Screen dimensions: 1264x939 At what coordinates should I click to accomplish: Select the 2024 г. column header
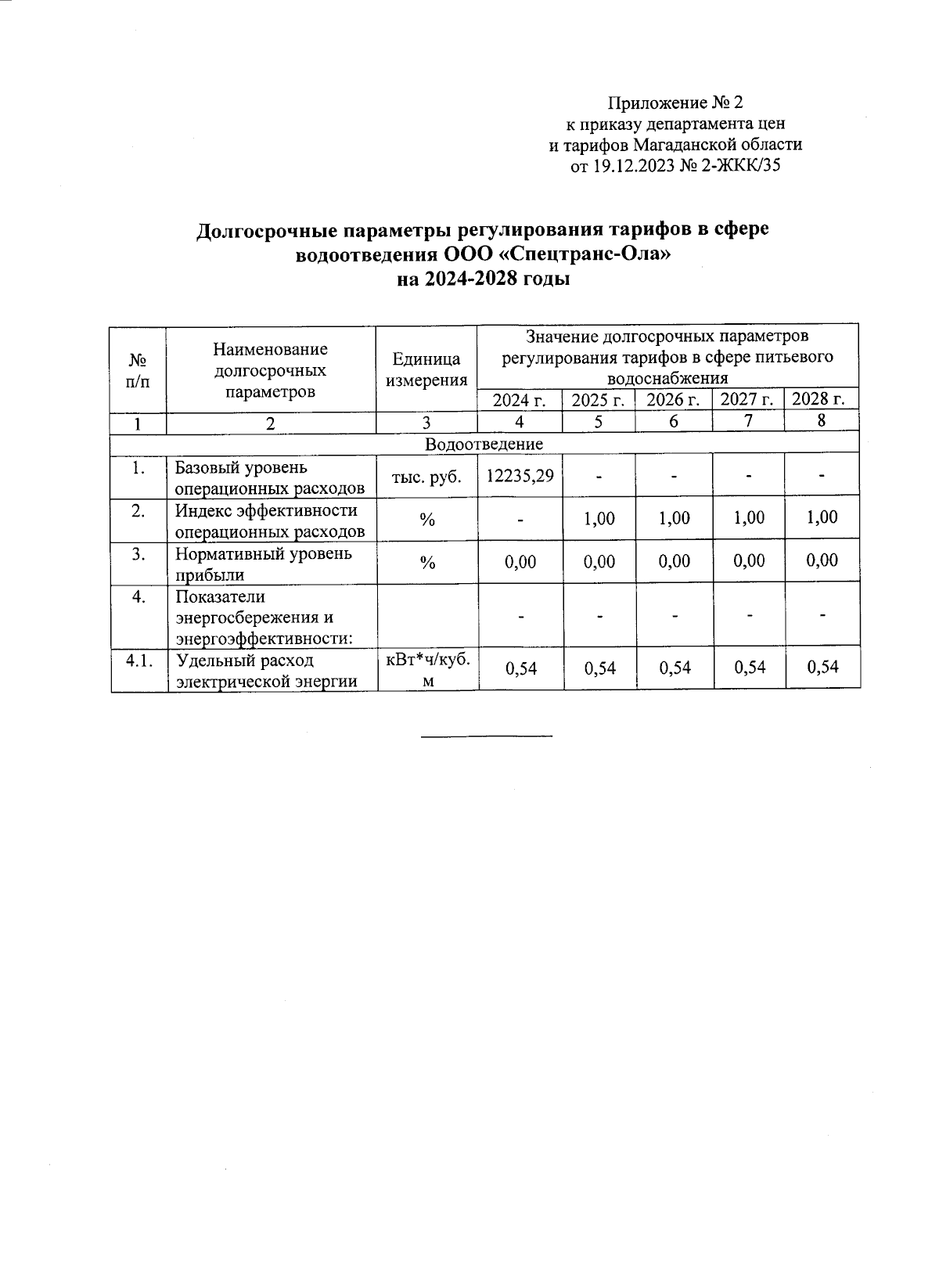[x=520, y=400]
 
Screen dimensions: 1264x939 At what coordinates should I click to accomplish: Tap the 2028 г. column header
[x=819, y=399]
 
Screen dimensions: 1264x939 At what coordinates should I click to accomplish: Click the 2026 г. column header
[x=673, y=400]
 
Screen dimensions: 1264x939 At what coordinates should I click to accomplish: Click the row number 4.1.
[x=139, y=661]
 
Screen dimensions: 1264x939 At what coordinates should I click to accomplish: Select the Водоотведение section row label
[x=484, y=444]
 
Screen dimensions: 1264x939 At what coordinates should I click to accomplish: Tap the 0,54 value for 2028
[x=822, y=666]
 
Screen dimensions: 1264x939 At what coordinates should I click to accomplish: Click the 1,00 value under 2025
[x=599, y=518]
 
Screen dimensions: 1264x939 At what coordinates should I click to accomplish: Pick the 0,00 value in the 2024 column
[x=520, y=561]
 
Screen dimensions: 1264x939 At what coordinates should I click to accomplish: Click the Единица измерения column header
[x=426, y=369]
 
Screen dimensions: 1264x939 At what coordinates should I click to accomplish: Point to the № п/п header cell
[x=138, y=370]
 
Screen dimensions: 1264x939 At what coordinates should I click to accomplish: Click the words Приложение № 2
[x=675, y=103]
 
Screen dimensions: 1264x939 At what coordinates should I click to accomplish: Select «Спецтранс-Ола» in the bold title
[x=585, y=254]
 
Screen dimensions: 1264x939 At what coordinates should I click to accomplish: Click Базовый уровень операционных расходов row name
[x=269, y=477]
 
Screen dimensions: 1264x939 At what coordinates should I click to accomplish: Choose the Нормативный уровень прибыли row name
[x=264, y=564]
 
